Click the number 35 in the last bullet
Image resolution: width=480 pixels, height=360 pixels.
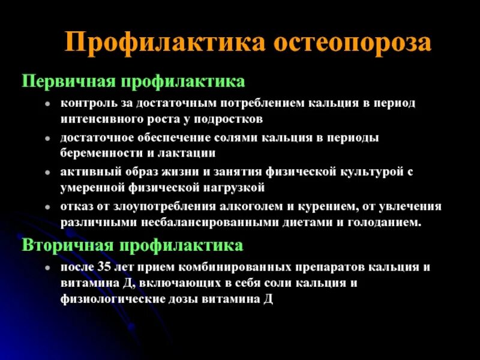107,266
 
